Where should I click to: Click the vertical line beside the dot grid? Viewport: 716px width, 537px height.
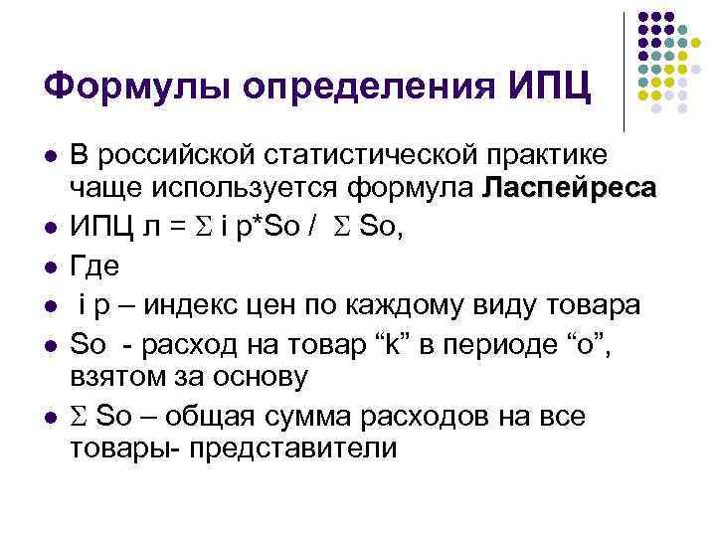coord(624,72)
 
